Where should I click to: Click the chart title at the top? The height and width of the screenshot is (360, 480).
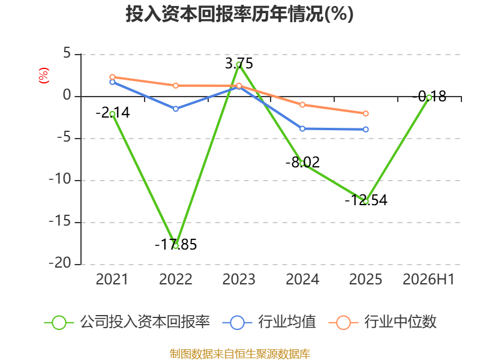pos(239,14)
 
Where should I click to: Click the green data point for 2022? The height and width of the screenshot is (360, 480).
pos(176,246)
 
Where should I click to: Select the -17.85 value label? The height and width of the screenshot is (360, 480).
pos(176,245)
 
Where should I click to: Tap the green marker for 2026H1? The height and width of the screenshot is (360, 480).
pos(429,98)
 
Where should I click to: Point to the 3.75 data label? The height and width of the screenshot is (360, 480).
pos(239,64)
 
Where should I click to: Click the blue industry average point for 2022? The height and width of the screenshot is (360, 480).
pos(176,109)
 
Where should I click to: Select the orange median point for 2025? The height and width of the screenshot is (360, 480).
pos(366,113)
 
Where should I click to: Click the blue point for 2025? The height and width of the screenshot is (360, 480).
pos(366,130)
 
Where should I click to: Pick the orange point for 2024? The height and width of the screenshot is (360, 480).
pos(302,104)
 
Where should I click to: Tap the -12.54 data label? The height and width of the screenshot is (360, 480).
pos(366,200)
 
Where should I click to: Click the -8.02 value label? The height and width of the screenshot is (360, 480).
pos(302,162)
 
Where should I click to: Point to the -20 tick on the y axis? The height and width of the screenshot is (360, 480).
pos(60,263)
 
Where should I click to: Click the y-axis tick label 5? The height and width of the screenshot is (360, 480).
pos(67,53)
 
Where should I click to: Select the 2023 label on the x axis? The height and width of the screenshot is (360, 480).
pos(239,279)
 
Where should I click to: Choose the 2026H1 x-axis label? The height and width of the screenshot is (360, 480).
pos(428,279)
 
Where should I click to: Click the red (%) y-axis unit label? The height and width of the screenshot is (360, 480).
pos(44,76)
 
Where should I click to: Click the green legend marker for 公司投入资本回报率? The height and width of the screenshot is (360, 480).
pos(59,323)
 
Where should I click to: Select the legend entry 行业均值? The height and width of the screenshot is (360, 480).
pos(269,322)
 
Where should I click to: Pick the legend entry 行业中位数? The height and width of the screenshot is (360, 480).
pos(382,322)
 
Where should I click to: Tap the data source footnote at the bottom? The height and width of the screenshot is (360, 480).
pos(240,353)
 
